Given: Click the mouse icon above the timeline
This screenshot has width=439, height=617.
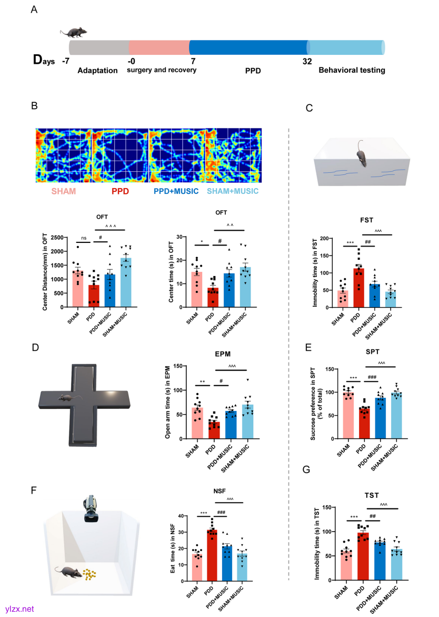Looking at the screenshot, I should coord(73,33).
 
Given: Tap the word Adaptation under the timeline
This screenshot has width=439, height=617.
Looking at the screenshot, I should coord(97,70).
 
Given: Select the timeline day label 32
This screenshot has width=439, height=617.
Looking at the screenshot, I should coord(307,61).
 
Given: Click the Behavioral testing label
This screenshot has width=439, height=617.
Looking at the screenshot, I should coord(352,70).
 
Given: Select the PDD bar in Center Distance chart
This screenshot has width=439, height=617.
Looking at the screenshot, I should coord(95,296).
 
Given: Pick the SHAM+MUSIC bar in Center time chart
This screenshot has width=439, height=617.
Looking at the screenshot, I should coord(245,287).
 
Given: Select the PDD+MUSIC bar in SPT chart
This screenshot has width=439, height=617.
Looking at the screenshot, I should coord(381,418).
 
